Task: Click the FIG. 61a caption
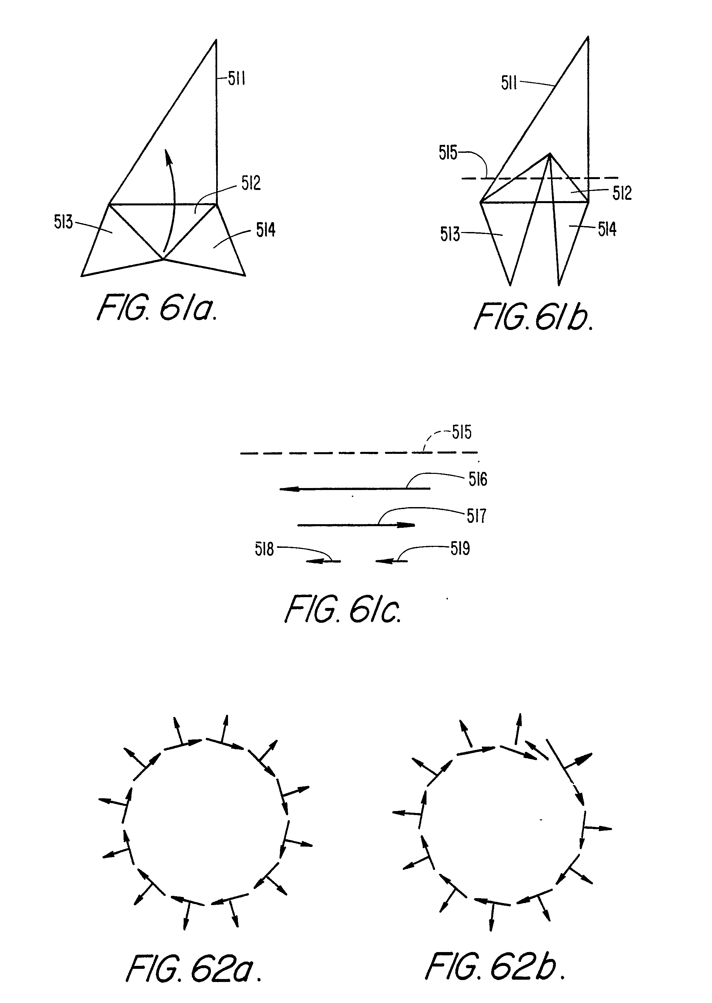tap(157, 308)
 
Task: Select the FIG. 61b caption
tap(534, 317)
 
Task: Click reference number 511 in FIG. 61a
tap(237, 79)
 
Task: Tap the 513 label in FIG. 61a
tap(63, 222)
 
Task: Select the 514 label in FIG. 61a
tap(266, 230)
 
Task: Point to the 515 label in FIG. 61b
tap(448, 153)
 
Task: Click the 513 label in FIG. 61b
tap(450, 235)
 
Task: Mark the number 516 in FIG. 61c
tap(478, 479)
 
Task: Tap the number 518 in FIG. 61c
tap(264, 549)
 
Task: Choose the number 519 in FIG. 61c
tap(460, 548)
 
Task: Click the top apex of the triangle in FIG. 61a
tap(216, 40)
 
